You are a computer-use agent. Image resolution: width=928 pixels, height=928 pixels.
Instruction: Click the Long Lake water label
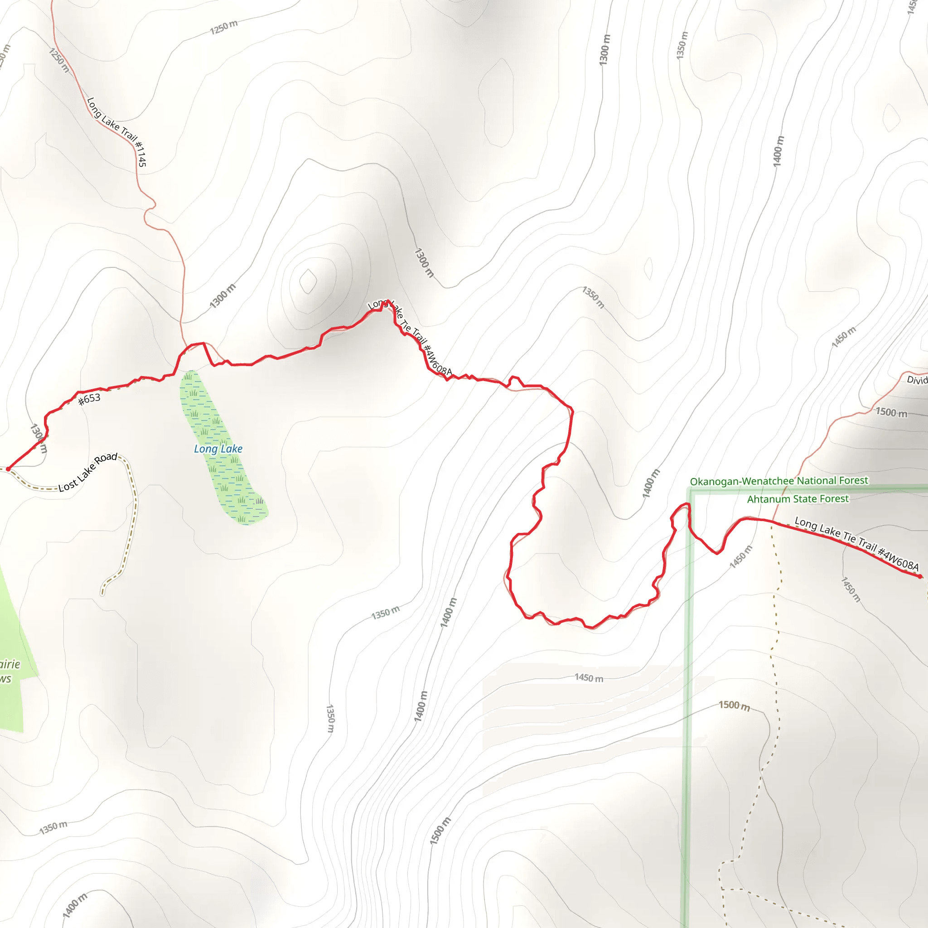click(218, 449)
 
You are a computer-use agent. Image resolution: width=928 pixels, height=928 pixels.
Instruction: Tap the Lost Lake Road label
click(88, 472)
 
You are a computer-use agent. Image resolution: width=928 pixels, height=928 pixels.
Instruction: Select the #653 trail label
click(89, 398)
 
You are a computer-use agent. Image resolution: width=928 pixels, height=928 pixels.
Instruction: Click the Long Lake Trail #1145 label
click(117, 131)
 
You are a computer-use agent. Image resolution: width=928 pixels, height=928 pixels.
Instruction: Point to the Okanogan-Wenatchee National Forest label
click(778, 481)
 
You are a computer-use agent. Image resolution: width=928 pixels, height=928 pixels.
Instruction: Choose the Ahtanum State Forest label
click(797, 499)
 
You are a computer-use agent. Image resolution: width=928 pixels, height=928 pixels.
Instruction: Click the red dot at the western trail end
click(8, 469)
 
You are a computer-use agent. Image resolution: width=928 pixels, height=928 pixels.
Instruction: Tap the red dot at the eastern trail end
click(919, 576)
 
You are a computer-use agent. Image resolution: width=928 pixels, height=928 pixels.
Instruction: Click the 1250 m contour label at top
click(224, 27)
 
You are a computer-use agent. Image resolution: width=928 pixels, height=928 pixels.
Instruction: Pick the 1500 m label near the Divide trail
click(891, 412)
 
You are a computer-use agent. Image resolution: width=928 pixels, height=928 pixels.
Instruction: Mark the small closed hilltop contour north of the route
click(308, 281)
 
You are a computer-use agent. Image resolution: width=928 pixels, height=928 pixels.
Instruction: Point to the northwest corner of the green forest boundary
click(691, 490)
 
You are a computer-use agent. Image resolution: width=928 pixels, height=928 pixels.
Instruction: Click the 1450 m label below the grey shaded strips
click(589, 678)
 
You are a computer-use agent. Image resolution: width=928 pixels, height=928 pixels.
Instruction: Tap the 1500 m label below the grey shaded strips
click(734, 705)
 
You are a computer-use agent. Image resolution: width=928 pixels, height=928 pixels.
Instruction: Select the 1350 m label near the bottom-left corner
click(53, 827)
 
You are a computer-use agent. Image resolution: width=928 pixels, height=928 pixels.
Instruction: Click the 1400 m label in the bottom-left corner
click(75, 905)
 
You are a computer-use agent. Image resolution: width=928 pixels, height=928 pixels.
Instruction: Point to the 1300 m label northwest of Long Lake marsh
click(222, 296)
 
